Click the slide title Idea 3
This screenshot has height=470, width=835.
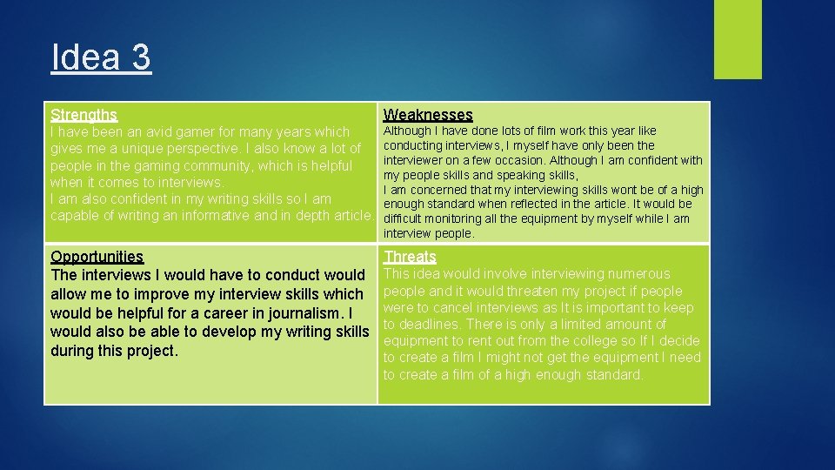[x=101, y=58]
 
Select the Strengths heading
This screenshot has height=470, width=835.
[x=83, y=114]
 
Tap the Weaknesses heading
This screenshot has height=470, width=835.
[x=428, y=114]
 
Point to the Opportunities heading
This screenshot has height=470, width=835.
[x=97, y=256]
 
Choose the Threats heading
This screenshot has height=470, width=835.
[x=410, y=256]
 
